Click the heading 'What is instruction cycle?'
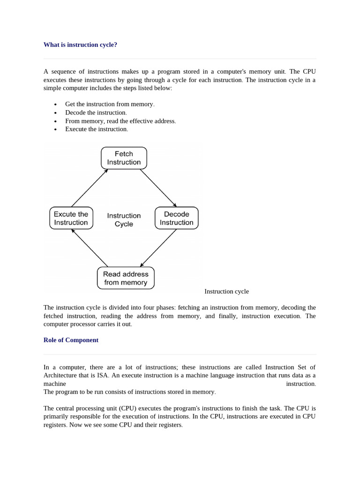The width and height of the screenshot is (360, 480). click(80, 45)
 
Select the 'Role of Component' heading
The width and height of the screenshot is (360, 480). click(71, 340)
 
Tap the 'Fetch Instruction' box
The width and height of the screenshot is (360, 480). click(124, 158)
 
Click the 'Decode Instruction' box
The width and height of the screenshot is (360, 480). click(176, 218)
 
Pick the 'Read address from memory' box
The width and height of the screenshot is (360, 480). click(126, 278)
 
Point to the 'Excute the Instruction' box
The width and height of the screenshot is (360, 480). click(71, 218)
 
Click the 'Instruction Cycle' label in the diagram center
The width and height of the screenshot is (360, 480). click(124, 220)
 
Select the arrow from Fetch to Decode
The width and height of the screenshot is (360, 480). click(158, 188)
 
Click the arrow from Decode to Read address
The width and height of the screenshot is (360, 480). click(158, 248)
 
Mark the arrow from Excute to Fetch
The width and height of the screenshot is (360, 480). click(90, 188)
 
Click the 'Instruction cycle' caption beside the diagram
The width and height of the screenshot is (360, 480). click(226, 291)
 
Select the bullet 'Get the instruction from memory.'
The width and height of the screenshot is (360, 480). click(110, 104)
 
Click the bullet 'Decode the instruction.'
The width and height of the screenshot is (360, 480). click(96, 112)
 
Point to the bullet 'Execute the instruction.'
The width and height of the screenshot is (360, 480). click(97, 129)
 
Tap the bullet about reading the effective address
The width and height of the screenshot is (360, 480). click(120, 121)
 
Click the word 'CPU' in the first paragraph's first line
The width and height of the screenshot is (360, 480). click(309, 71)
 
